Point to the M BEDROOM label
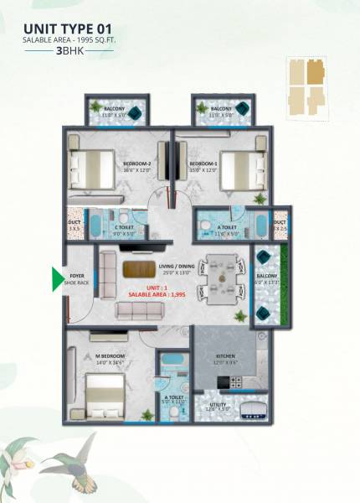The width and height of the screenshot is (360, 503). (x=111, y=357)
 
